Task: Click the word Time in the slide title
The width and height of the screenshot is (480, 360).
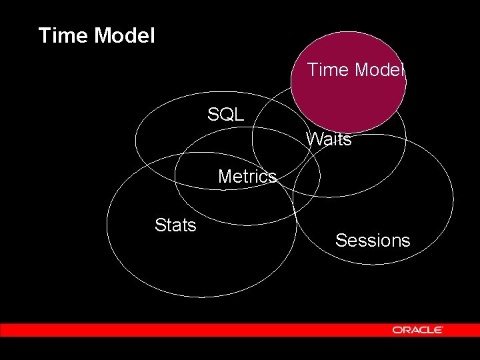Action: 63,35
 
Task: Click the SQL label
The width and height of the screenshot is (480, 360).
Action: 225,114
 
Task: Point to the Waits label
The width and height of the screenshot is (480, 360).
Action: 328,139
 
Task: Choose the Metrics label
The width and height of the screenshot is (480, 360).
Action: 247,177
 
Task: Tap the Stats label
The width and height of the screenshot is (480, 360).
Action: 175,225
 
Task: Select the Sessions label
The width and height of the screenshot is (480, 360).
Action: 373,241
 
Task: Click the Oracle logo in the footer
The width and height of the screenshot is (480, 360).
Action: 417,329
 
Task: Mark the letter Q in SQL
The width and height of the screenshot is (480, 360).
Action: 225,114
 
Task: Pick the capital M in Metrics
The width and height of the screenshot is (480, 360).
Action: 225,177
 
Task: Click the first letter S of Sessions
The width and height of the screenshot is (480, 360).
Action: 341,241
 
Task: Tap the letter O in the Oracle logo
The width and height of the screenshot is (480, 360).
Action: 397,329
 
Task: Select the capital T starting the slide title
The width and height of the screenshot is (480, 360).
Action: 45,35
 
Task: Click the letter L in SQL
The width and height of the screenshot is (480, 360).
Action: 239,114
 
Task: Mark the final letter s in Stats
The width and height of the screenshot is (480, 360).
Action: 192,225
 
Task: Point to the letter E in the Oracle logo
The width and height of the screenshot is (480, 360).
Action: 439,329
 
